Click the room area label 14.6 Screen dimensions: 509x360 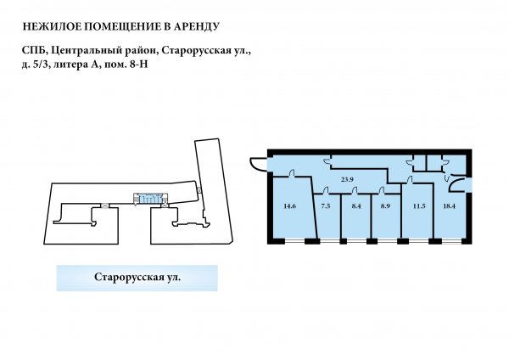(x=289, y=206)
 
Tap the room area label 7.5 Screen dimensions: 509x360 (x=325, y=206)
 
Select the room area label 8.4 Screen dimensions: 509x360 (x=356, y=206)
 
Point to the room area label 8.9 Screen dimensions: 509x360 (x=385, y=206)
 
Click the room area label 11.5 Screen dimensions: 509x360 (x=419, y=206)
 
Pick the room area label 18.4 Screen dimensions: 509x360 (x=449, y=206)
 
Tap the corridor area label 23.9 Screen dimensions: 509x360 (x=347, y=179)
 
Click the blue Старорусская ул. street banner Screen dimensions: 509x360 (x=137, y=278)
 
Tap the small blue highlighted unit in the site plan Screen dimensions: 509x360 (x=150, y=199)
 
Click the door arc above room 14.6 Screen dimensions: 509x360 (x=292, y=173)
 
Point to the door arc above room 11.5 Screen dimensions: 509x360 (x=410, y=180)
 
